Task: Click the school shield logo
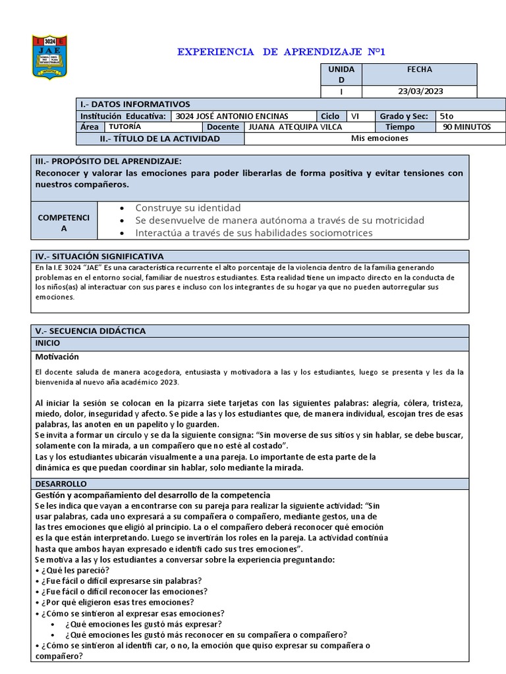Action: coord(49,58)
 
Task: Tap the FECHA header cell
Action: coord(419,69)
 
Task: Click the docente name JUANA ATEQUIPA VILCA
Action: coord(293,127)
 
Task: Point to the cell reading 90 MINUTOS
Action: coord(466,127)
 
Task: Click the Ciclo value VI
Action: coord(355,116)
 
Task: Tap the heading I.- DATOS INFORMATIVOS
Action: coord(134,104)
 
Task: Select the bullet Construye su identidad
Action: coord(188,207)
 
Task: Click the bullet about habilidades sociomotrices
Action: coord(253,232)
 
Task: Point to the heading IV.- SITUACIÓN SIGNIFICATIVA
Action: coord(99,256)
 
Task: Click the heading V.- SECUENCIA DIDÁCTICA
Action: coord(90,331)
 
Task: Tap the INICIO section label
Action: coord(47,343)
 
